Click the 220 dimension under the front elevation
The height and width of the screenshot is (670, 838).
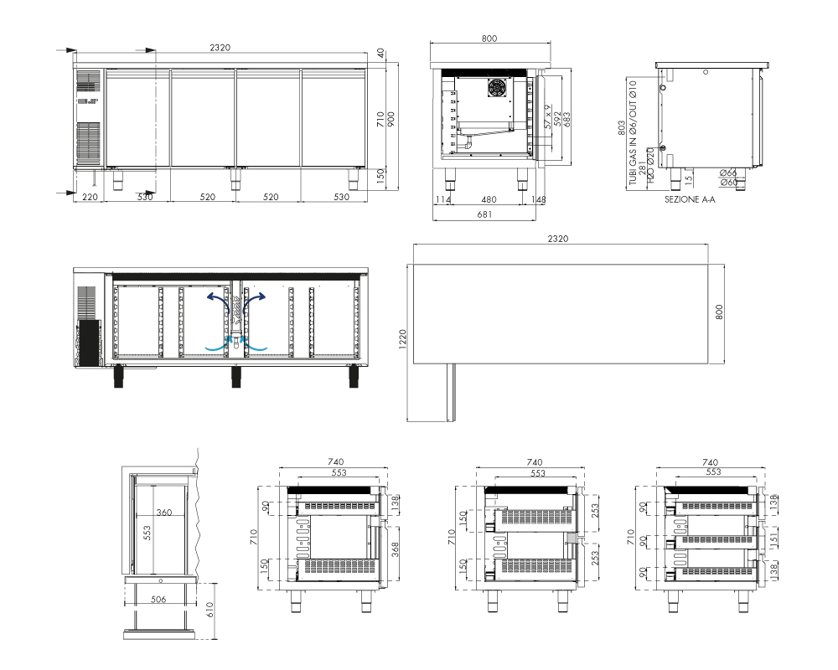[x=90, y=197]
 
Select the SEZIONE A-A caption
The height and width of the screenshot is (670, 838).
[x=690, y=199]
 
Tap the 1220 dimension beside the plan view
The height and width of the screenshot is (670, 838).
[x=402, y=339]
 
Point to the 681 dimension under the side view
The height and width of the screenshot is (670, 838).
[x=484, y=214]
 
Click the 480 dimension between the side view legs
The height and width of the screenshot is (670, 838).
[x=489, y=199]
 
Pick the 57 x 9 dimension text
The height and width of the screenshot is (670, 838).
[x=548, y=116]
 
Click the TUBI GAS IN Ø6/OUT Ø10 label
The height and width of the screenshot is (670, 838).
[x=633, y=132]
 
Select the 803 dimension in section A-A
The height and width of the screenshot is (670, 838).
[x=622, y=127]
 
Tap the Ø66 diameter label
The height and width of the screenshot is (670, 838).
[x=728, y=173]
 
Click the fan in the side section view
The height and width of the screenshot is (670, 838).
[x=496, y=88]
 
